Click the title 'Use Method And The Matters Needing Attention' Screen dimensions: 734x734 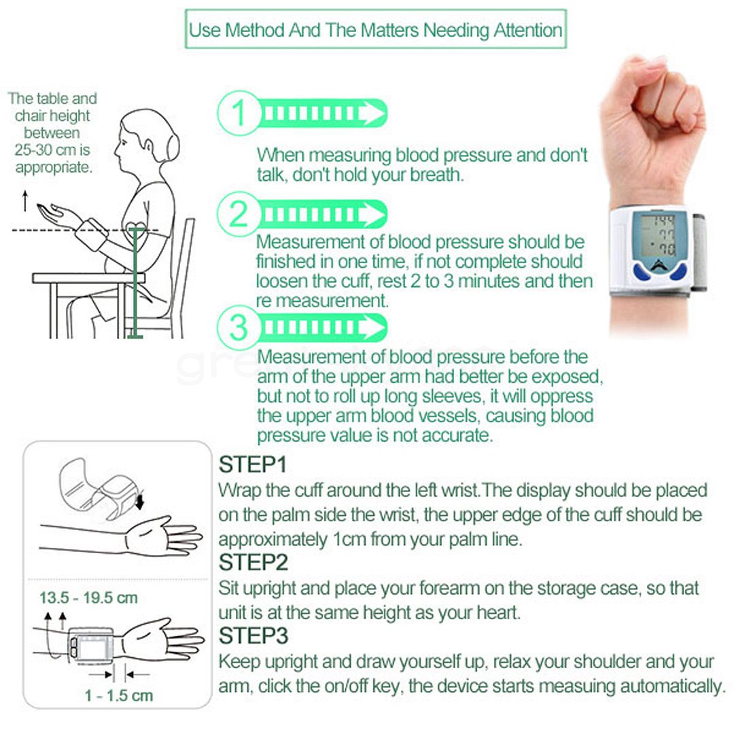click(x=375, y=30)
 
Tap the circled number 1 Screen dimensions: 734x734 click(x=239, y=113)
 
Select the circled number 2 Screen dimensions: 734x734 click(x=239, y=214)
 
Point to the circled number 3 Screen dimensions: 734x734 click(x=239, y=327)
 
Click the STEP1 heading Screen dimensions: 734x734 click(x=252, y=464)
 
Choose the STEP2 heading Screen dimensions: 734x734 click(x=254, y=562)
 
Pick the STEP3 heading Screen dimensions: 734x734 click(x=254, y=635)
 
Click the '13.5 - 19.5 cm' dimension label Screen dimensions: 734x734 click(x=88, y=598)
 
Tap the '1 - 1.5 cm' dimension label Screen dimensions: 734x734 click(x=119, y=695)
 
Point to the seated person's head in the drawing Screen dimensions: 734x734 click(x=146, y=138)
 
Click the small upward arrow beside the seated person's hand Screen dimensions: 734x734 click(x=25, y=200)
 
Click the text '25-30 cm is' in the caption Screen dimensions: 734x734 click(x=52, y=150)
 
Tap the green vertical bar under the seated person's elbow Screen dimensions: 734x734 click(x=135, y=282)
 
